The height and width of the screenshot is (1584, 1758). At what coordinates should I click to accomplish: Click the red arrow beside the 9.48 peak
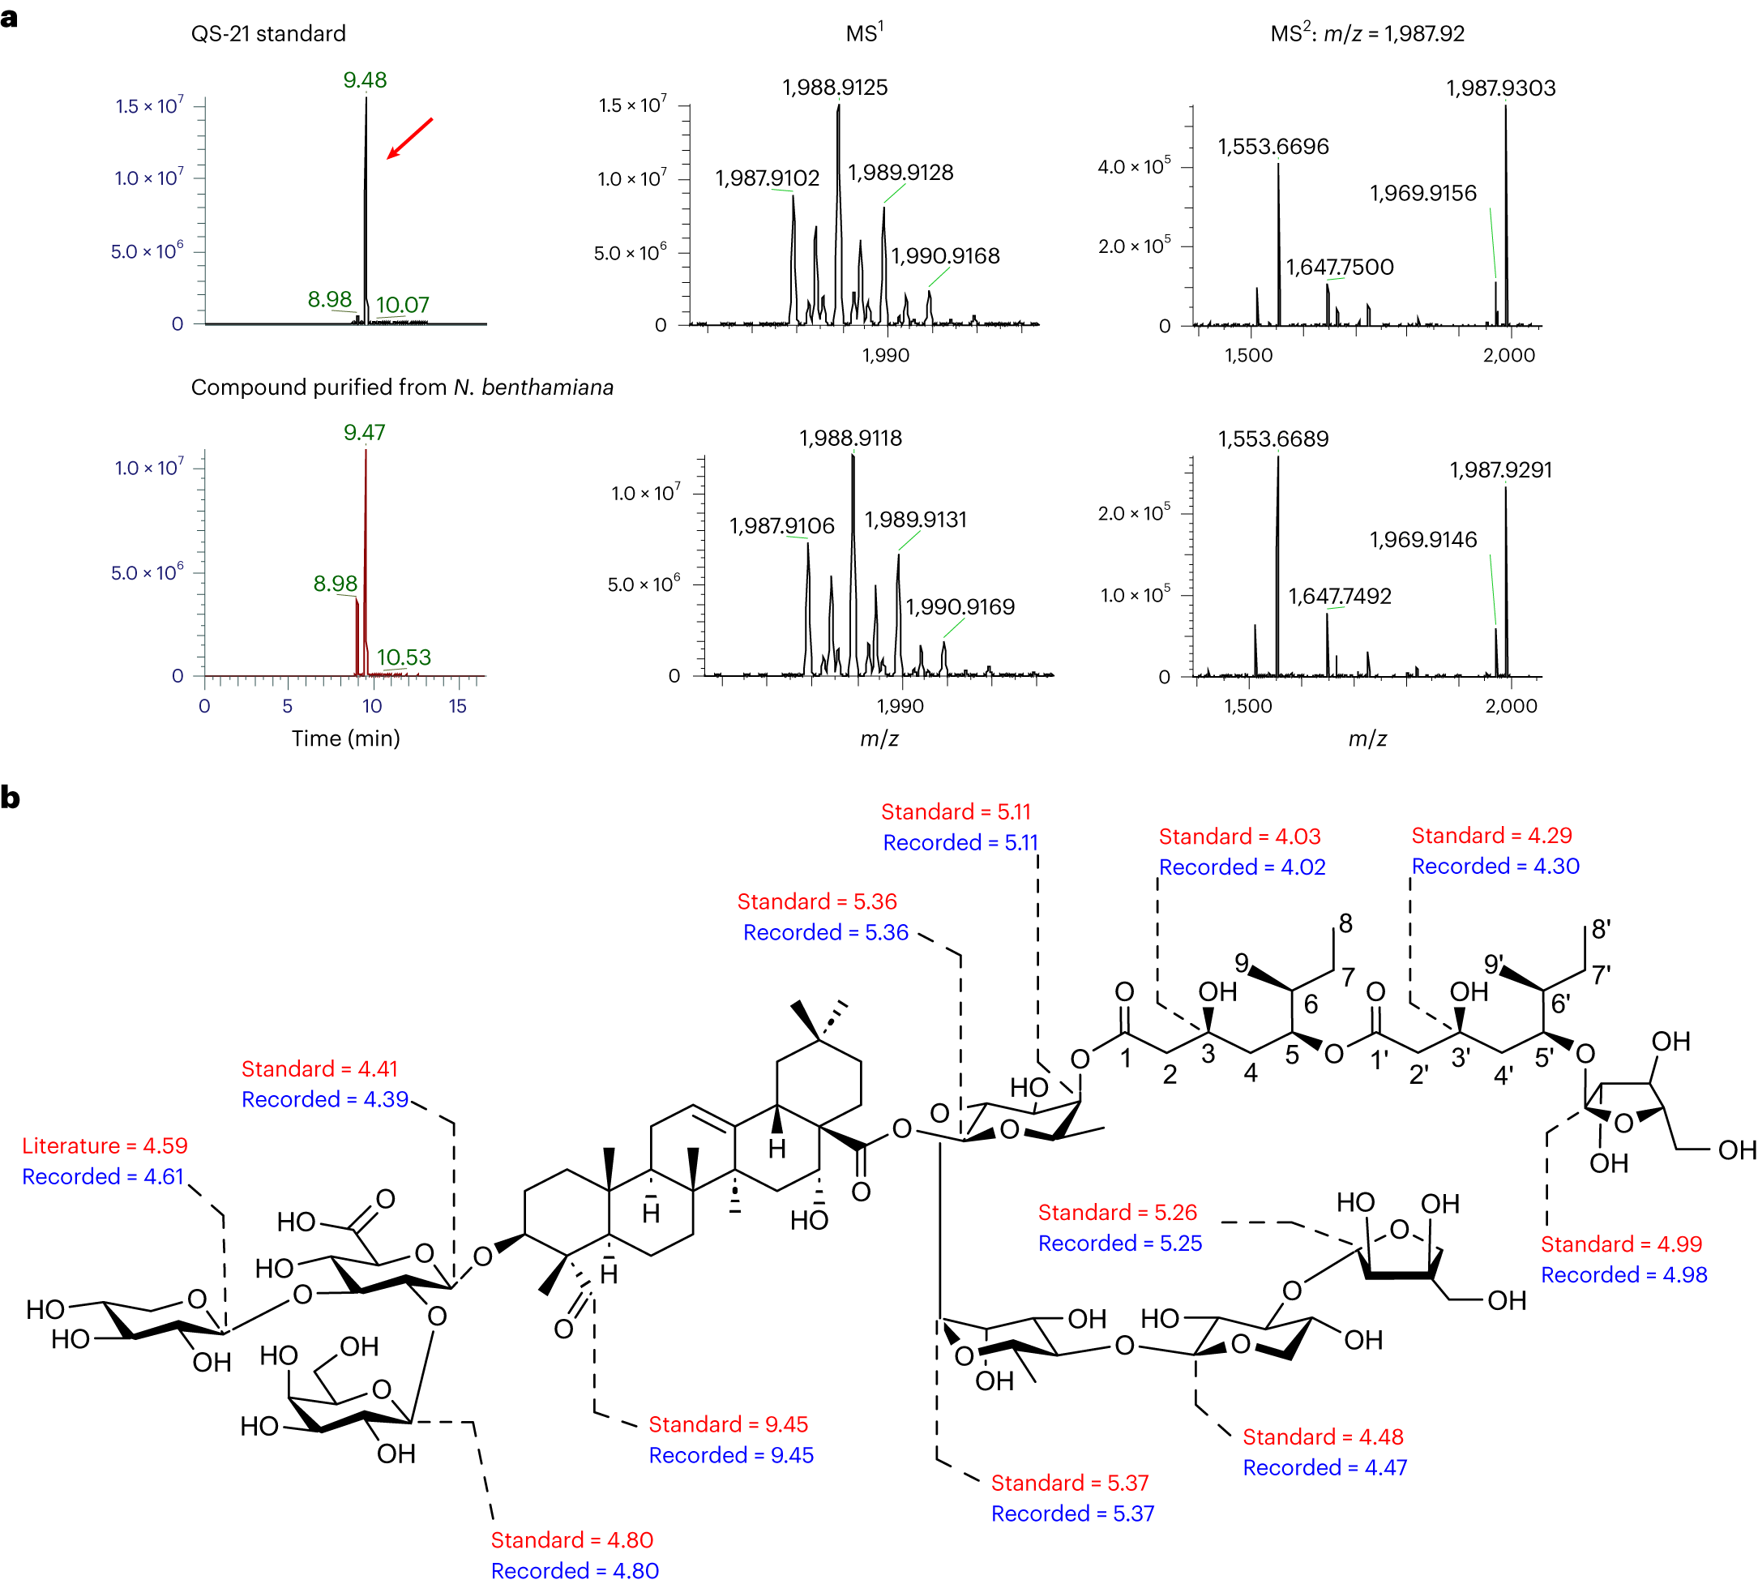coord(409,139)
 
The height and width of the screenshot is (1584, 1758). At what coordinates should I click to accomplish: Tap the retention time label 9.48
coord(365,80)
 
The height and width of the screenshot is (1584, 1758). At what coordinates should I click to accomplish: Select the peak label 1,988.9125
coord(835,87)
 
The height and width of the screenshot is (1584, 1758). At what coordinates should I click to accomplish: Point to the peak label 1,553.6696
coord(1273,146)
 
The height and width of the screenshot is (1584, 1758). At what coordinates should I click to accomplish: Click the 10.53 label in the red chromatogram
coord(404,657)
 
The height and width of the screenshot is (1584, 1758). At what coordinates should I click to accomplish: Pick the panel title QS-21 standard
coord(268,34)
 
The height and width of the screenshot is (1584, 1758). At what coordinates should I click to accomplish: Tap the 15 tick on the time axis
coord(458,706)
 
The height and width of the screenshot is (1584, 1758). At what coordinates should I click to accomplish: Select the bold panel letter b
coord(11,797)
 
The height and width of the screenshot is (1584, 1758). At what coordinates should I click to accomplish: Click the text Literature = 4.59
coord(105,1145)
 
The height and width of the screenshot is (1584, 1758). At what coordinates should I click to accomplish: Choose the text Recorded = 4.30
coord(1495,866)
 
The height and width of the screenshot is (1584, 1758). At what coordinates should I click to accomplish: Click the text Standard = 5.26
coord(1118,1213)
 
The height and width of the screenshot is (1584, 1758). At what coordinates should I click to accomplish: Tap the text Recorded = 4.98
coord(1624,1274)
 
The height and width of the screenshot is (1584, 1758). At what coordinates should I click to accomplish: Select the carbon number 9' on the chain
coord(1494,964)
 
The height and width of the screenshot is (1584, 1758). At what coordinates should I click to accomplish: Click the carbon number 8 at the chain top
coord(1345,923)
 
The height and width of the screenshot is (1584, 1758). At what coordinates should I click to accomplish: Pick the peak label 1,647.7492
coord(1340,596)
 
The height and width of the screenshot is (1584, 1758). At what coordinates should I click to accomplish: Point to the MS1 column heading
coord(864,33)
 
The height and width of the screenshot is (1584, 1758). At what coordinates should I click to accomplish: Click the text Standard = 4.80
coord(571,1539)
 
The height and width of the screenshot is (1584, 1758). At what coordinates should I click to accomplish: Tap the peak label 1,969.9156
coord(1423,193)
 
